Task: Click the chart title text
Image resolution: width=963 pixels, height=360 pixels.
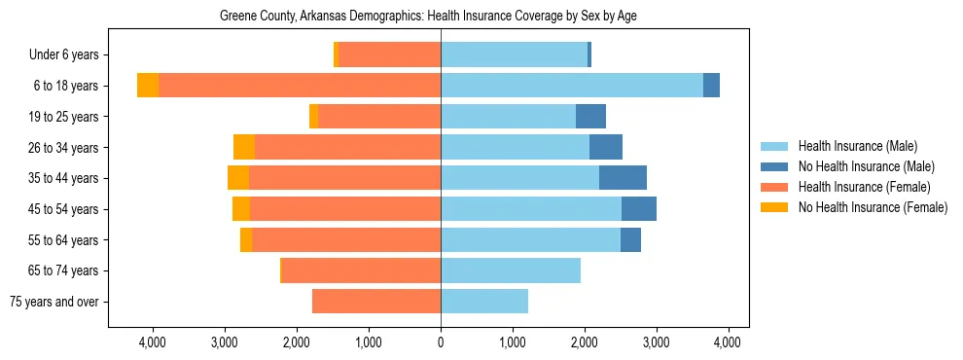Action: pyautogui.click(x=428, y=17)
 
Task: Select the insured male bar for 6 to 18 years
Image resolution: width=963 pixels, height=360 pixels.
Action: pyautogui.click(x=572, y=86)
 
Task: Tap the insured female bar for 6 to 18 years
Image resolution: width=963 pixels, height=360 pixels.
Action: pyautogui.click(x=300, y=86)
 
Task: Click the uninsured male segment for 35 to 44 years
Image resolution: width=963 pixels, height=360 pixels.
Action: pyautogui.click(x=623, y=178)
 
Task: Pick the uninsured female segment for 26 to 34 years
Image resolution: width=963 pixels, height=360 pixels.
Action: pyautogui.click(x=244, y=147)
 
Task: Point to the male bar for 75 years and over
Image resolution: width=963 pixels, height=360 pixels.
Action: pyautogui.click(x=484, y=302)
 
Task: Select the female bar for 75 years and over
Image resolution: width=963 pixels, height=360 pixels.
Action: pyautogui.click(x=376, y=302)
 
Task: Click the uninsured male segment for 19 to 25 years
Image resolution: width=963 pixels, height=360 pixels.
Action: pyautogui.click(x=590, y=117)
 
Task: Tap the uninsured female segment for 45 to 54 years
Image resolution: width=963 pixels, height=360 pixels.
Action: pyautogui.click(x=241, y=209)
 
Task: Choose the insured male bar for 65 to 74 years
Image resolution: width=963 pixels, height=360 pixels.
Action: pyautogui.click(x=511, y=270)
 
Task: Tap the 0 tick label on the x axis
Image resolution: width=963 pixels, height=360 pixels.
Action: pyautogui.click(x=441, y=342)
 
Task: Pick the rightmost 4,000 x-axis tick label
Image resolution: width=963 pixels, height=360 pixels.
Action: pyautogui.click(x=729, y=342)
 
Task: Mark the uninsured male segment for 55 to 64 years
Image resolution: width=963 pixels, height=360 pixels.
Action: pyautogui.click(x=630, y=240)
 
